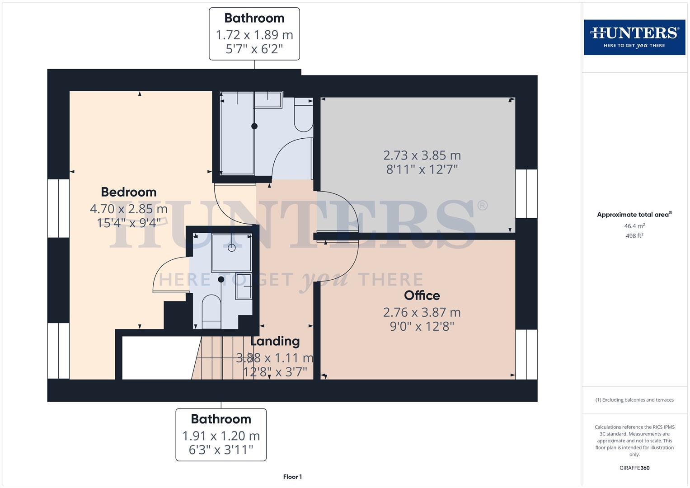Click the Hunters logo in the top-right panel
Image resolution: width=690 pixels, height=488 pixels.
634,37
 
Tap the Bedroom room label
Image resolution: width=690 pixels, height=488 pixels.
128,192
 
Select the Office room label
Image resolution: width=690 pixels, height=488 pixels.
422,296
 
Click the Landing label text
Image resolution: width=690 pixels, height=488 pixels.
275,341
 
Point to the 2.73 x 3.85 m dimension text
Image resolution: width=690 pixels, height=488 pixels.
422,155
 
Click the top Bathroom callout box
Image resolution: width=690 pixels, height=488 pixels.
254,33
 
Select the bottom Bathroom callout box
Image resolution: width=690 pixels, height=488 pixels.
221,435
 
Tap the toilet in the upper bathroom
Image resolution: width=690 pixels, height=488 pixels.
303,116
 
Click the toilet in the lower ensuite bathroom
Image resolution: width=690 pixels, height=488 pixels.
211,311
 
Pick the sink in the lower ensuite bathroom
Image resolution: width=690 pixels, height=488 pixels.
244,286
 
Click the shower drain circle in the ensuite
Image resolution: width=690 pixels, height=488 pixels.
232,248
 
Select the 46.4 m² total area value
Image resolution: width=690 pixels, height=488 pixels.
634,226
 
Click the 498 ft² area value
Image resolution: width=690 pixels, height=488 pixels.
634,236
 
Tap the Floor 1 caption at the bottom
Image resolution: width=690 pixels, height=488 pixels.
292,477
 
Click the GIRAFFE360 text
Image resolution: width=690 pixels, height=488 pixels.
634,468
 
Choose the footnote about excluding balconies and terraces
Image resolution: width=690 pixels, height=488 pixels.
634,400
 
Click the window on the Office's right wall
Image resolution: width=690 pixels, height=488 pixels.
526,354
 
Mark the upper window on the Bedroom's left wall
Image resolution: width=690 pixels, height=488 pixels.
58,208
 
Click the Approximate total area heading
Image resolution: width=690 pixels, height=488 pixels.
634,215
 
